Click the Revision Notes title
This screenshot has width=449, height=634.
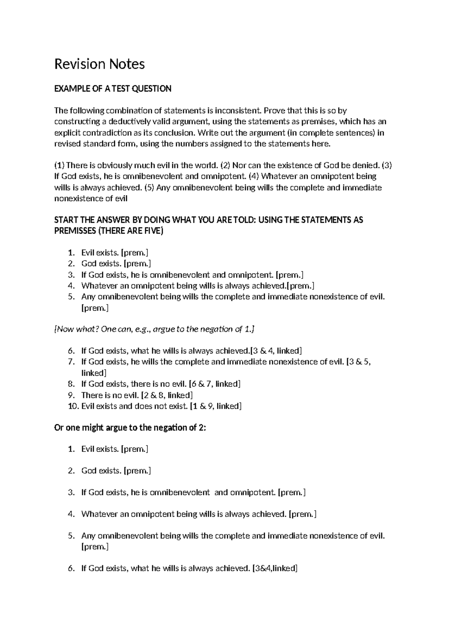(100, 64)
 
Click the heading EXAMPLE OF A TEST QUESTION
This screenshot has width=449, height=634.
(113, 89)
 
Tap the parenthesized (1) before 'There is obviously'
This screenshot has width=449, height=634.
(59, 165)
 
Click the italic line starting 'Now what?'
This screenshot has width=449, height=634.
(155, 329)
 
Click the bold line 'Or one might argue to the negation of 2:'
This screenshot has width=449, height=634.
(130, 428)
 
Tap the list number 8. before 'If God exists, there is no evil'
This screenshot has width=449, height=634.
(71, 384)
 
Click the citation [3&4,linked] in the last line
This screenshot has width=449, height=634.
(275, 569)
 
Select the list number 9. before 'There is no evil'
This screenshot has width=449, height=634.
(71, 395)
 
